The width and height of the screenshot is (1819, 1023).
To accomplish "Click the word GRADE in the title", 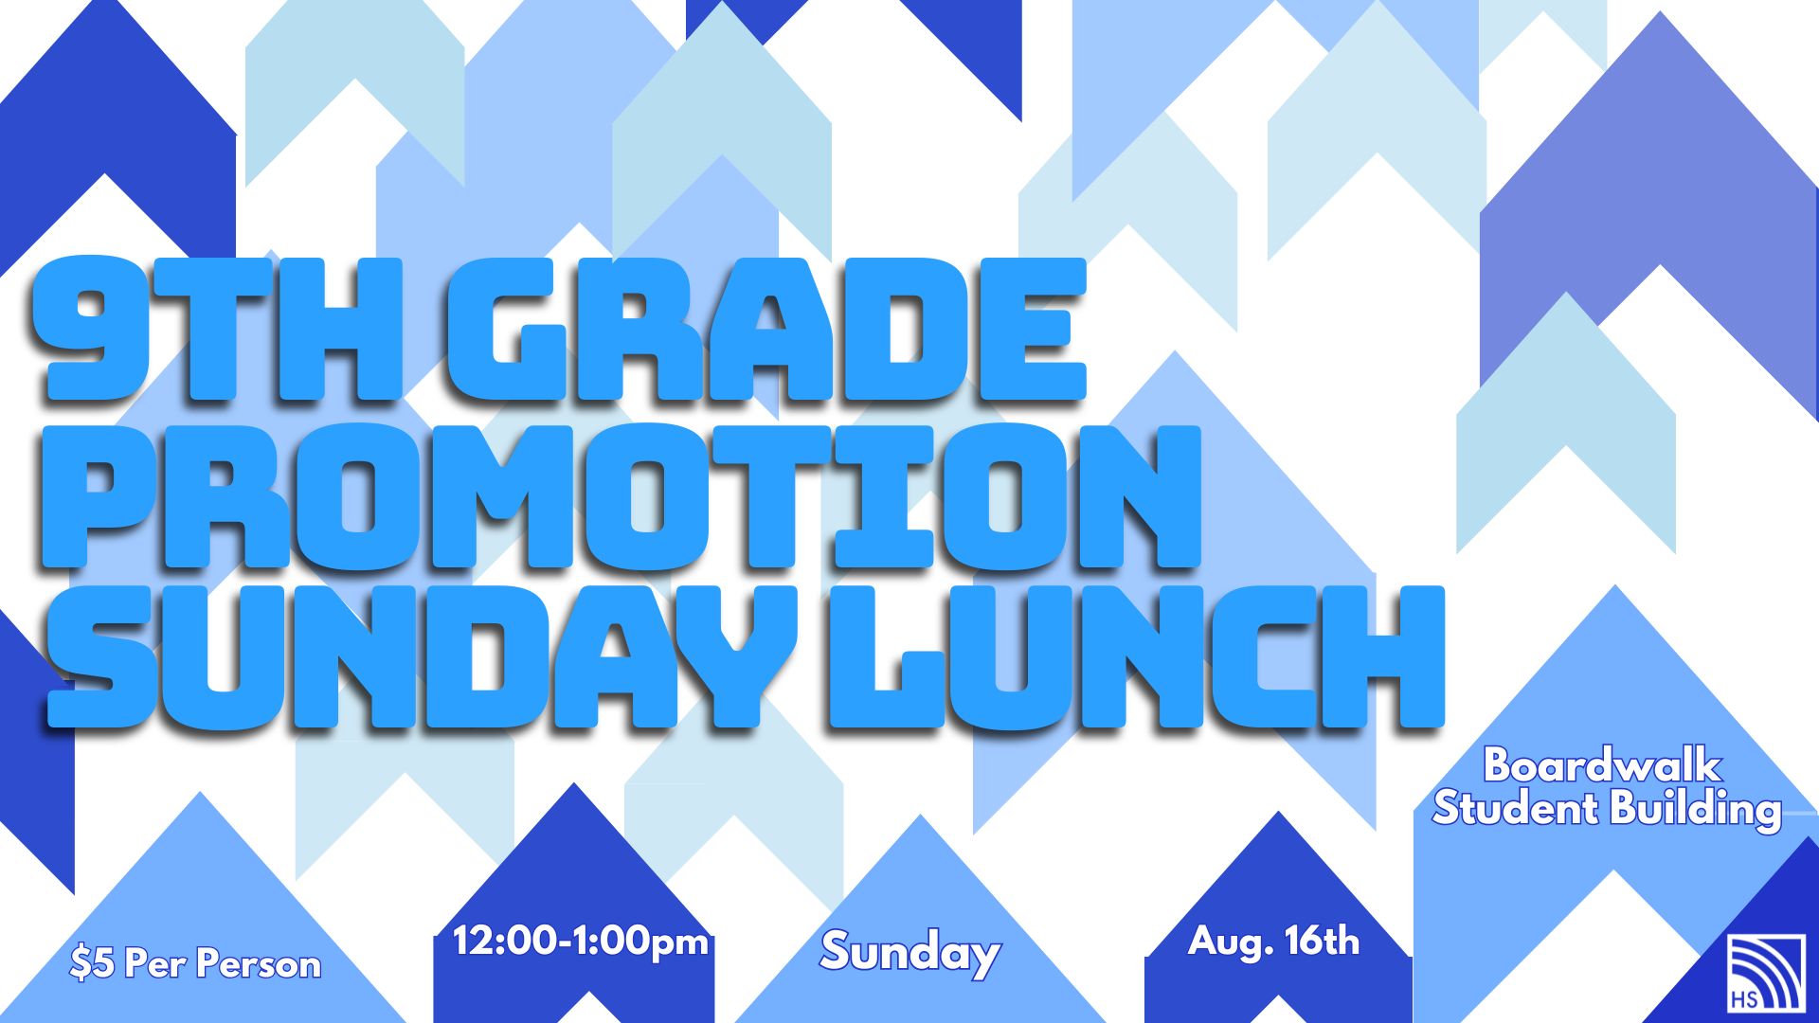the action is point(765,329).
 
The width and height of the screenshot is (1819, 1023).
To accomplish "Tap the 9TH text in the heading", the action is point(218,329).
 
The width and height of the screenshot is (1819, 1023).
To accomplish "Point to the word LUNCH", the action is point(1137,656).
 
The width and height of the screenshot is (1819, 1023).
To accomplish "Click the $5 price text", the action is point(92,963).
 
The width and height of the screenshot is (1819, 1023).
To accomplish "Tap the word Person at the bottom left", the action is point(259,964).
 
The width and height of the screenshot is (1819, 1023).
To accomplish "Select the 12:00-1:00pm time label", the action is point(581,942).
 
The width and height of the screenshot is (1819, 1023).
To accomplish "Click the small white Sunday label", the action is point(910,952).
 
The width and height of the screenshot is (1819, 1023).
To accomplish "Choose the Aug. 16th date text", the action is point(1274,942).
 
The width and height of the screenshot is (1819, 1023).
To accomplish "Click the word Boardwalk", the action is point(1602,765).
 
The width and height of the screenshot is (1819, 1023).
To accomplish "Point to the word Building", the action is point(1696,810).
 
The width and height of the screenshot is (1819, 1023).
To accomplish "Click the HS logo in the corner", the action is point(1765,973).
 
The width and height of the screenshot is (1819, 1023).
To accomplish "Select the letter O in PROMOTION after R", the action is point(358,496).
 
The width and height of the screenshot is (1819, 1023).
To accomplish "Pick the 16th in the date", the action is point(1323,941).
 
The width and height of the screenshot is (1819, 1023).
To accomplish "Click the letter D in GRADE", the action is point(904,329).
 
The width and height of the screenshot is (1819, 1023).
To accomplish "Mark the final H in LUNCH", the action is point(1382,656).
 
